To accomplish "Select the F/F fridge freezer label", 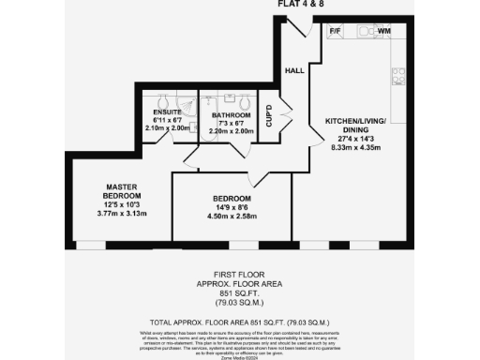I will click(335, 31).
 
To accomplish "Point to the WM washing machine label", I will click(384, 31).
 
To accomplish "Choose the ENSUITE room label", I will click(167, 112).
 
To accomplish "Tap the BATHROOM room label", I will click(230, 114).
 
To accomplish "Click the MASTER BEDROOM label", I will click(122, 191).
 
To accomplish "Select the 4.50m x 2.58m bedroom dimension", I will click(231, 217).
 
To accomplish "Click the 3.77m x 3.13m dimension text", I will click(122, 213).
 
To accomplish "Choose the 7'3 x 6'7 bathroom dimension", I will click(230, 123).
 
